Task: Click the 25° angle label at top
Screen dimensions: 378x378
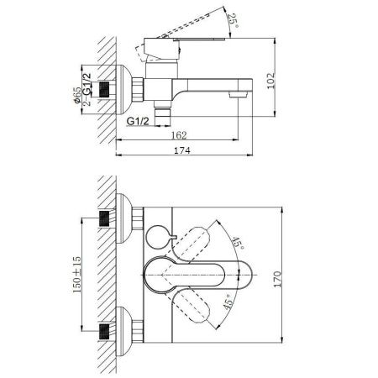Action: click(234, 20)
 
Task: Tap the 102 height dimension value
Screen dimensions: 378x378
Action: click(270, 81)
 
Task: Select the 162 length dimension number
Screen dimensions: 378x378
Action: click(179, 135)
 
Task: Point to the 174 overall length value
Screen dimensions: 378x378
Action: click(182, 150)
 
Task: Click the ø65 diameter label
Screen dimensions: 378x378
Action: click(77, 96)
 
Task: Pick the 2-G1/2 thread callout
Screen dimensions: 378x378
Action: click(87, 89)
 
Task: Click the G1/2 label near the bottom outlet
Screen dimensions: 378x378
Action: click(138, 121)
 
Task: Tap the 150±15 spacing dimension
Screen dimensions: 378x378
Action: click(76, 275)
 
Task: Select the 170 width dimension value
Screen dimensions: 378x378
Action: click(277, 279)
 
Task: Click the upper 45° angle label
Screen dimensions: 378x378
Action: click(238, 243)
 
